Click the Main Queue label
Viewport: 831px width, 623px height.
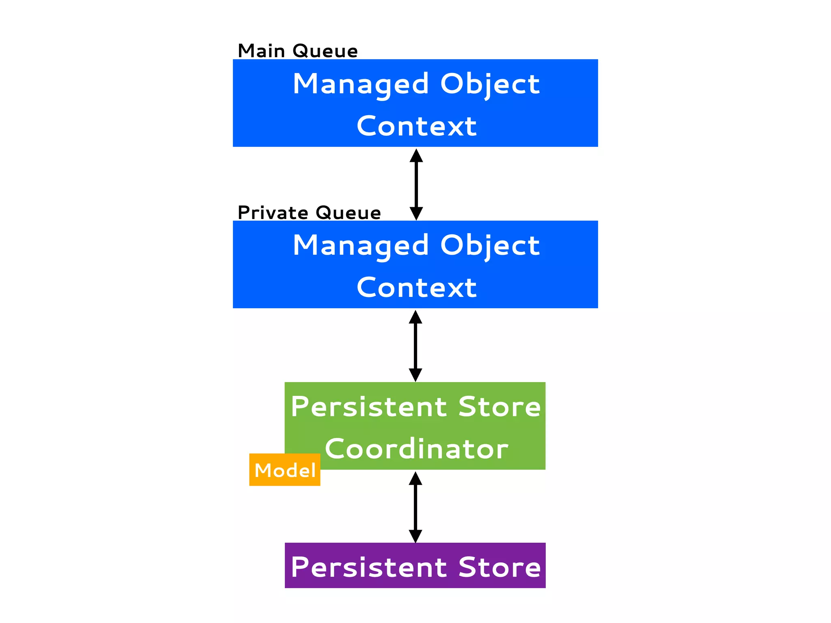pyautogui.click(x=297, y=51)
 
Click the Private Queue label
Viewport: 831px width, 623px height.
pyautogui.click(x=309, y=213)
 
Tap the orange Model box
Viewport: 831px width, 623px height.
pyautogui.click(x=284, y=470)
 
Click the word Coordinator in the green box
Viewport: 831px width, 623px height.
pyautogui.click(x=416, y=449)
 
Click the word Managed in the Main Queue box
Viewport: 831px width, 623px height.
pyautogui.click(x=361, y=84)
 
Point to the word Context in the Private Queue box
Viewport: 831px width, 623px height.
pyautogui.click(x=416, y=288)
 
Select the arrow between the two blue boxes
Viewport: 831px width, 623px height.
pyautogui.click(x=416, y=185)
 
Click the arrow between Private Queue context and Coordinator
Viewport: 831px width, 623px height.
pyautogui.click(x=415, y=346)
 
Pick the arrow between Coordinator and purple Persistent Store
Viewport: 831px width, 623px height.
pyautogui.click(x=415, y=507)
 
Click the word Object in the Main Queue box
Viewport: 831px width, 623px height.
pyautogui.click(x=490, y=84)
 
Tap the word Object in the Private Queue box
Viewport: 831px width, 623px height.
pyautogui.click(x=490, y=246)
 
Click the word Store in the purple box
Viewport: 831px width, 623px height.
pyautogui.click(x=499, y=567)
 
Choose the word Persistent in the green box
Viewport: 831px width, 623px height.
pyautogui.click(x=368, y=407)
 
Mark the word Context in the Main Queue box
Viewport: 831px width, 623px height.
pyautogui.click(x=416, y=126)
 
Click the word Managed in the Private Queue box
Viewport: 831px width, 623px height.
pyautogui.click(x=361, y=246)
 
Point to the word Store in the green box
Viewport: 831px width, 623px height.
pyautogui.click(x=499, y=407)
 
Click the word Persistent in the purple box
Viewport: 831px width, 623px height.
pyautogui.click(x=368, y=567)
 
